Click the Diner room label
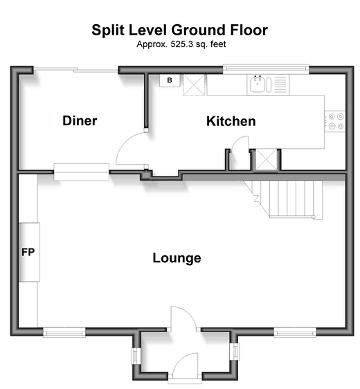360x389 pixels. tap(80, 121)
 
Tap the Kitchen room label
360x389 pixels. tap(231, 121)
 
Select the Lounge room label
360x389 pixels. tap(177, 258)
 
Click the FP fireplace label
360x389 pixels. tap(28, 252)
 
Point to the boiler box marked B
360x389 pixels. tap(170, 80)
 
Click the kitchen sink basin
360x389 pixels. tap(258, 84)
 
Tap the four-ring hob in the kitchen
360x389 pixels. tap(334, 121)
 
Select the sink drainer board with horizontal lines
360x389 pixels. tap(280, 84)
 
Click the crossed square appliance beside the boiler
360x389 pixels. tap(194, 84)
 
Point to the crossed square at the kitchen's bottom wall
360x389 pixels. tap(267, 159)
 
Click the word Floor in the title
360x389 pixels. tap(249, 30)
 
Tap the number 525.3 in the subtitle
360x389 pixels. tap(182, 44)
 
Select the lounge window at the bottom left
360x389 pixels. tap(64, 332)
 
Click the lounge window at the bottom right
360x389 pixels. tap(295, 332)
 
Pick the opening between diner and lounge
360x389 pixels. tap(82, 172)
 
